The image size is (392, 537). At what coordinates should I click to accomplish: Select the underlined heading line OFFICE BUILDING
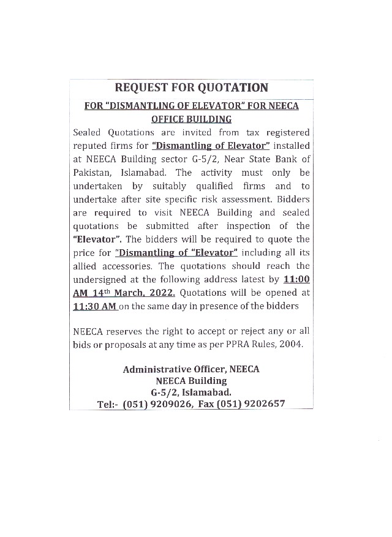191,119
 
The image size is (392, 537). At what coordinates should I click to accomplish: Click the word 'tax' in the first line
251,132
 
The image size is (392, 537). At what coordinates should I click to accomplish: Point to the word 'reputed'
91,146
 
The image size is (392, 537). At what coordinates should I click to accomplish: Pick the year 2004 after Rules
292,344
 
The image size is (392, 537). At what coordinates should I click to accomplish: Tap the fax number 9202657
265,404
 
